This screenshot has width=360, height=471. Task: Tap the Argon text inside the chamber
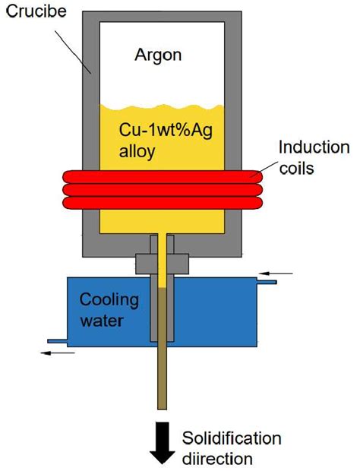[x=159, y=55]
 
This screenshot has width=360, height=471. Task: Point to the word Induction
[x=314, y=147]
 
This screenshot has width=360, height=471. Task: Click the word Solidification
[x=232, y=438]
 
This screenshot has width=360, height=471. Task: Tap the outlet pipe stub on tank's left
[x=57, y=341]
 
